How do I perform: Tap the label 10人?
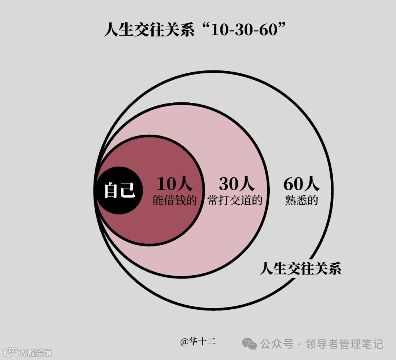tap(175, 184)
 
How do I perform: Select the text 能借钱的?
tap(175, 200)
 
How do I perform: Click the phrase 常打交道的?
tap(235, 200)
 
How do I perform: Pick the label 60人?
tap(301, 184)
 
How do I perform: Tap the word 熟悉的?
tap(301, 200)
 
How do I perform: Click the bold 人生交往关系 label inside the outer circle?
tap(300, 269)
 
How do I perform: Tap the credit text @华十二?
tap(198, 342)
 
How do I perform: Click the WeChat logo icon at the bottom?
tap(249, 344)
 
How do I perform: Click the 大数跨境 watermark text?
tap(36, 353)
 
